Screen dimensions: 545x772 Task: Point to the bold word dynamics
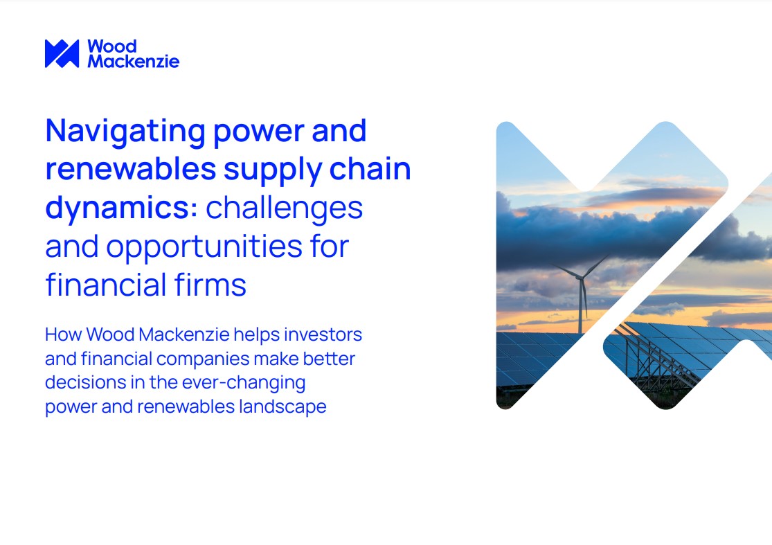[119, 208]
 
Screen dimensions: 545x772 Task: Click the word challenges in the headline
[284, 208]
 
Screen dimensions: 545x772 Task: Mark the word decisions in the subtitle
[78, 382]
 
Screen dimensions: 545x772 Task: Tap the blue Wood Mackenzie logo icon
[62, 53]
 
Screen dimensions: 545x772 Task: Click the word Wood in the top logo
[111, 46]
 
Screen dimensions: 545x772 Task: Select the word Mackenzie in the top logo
[133, 61]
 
